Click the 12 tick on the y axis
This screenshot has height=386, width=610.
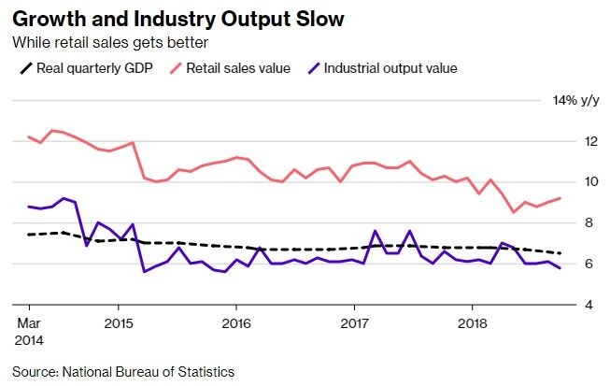pyautogui.click(x=591, y=141)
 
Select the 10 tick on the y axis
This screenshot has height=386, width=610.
pyautogui.click(x=591, y=181)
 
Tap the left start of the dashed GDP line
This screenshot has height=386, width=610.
pyautogui.click(x=30, y=235)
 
